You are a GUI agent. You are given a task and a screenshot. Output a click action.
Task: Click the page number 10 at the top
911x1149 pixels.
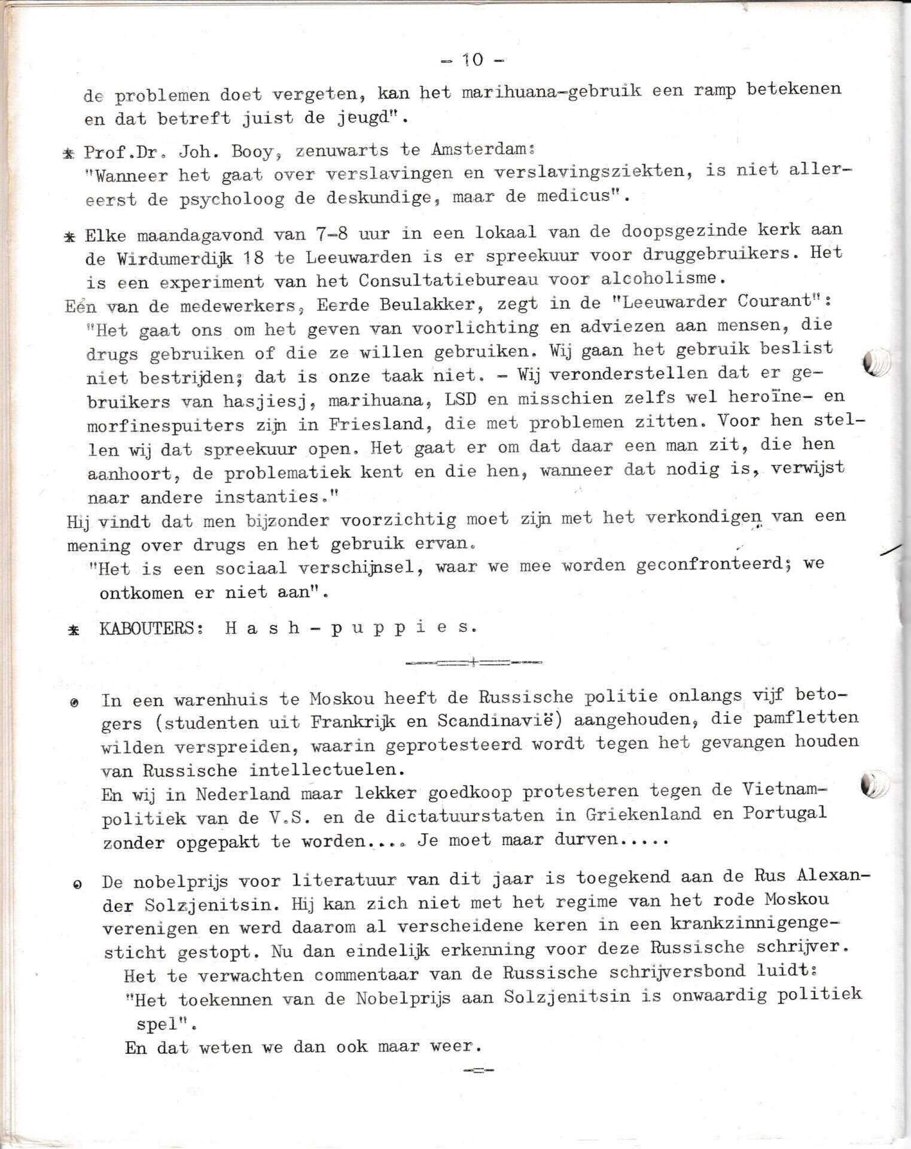coord(473,59)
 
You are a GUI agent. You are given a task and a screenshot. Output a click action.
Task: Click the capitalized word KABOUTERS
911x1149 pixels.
coord(146,629)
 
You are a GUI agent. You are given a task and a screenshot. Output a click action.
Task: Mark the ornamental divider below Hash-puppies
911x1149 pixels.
coord(473,662)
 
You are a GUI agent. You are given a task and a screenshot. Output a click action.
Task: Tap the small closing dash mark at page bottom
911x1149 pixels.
coord(478,1087)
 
